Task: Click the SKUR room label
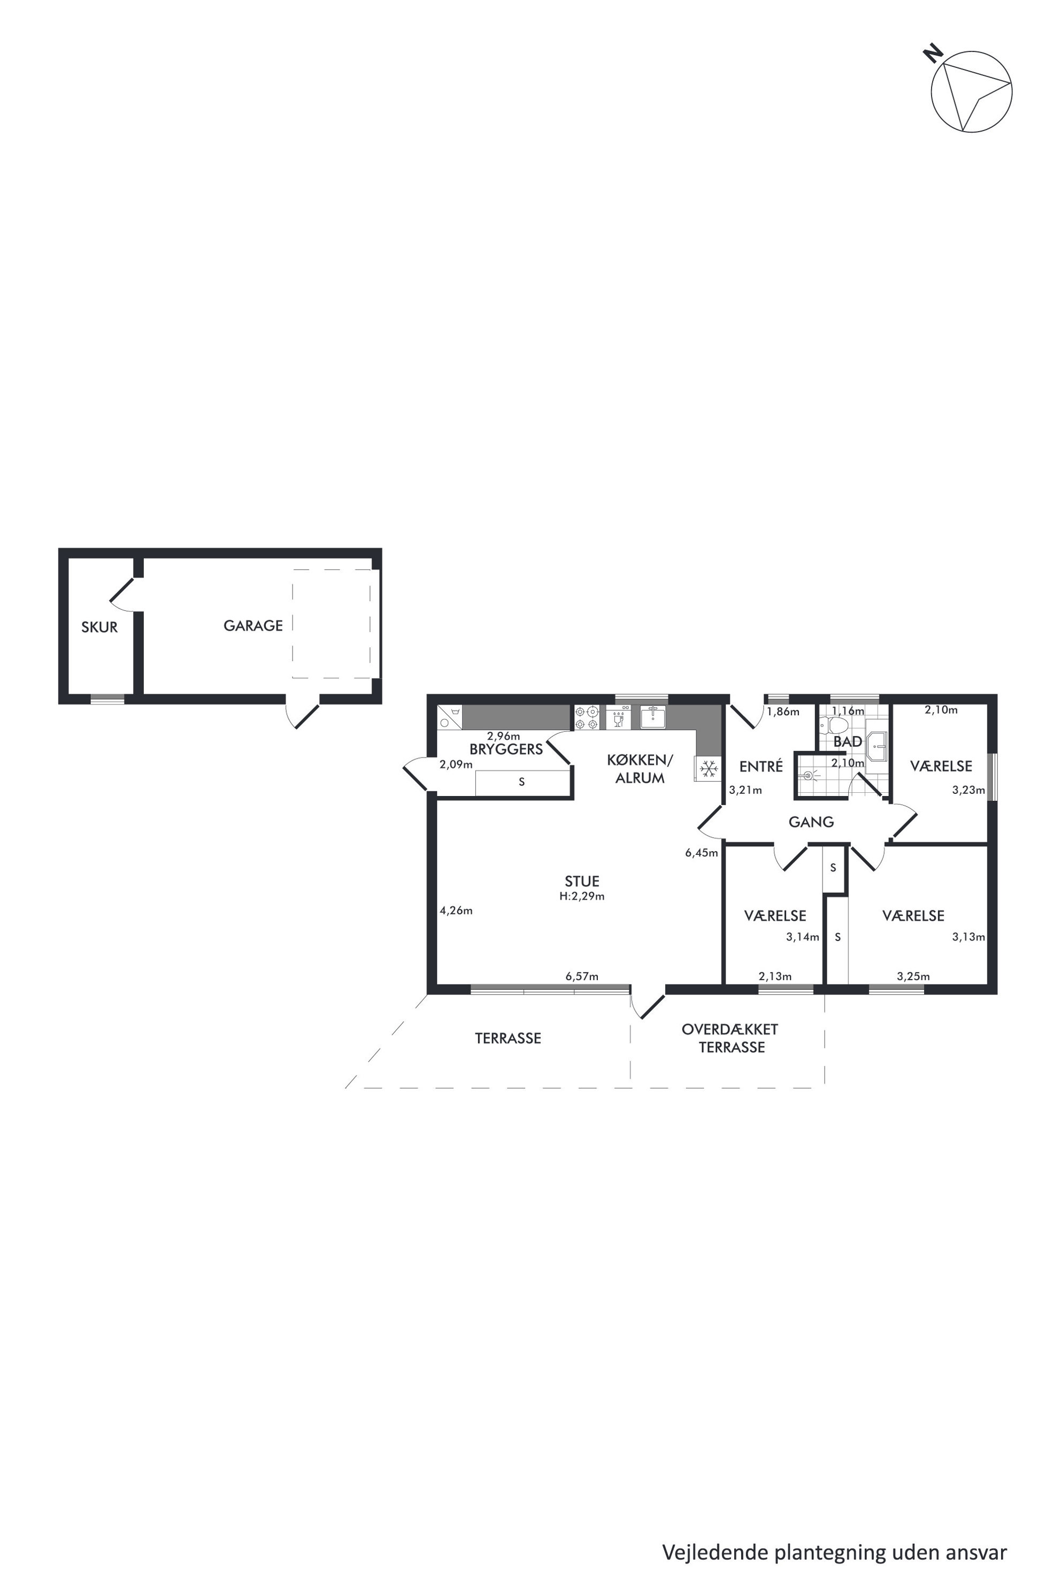(99, 627)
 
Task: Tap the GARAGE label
(253, 626)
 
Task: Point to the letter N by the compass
(934, 54)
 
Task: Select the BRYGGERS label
(506, 750)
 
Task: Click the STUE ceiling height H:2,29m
(582, 896)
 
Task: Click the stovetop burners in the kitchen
(587, 718)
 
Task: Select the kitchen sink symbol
(653, 717)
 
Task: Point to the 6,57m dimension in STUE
(582, 977)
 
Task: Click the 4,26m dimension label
(456, 910)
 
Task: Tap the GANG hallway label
(811, 822)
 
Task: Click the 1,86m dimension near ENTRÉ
(783, 712)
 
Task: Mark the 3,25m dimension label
(913, 977)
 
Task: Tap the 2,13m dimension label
(775, 977)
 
